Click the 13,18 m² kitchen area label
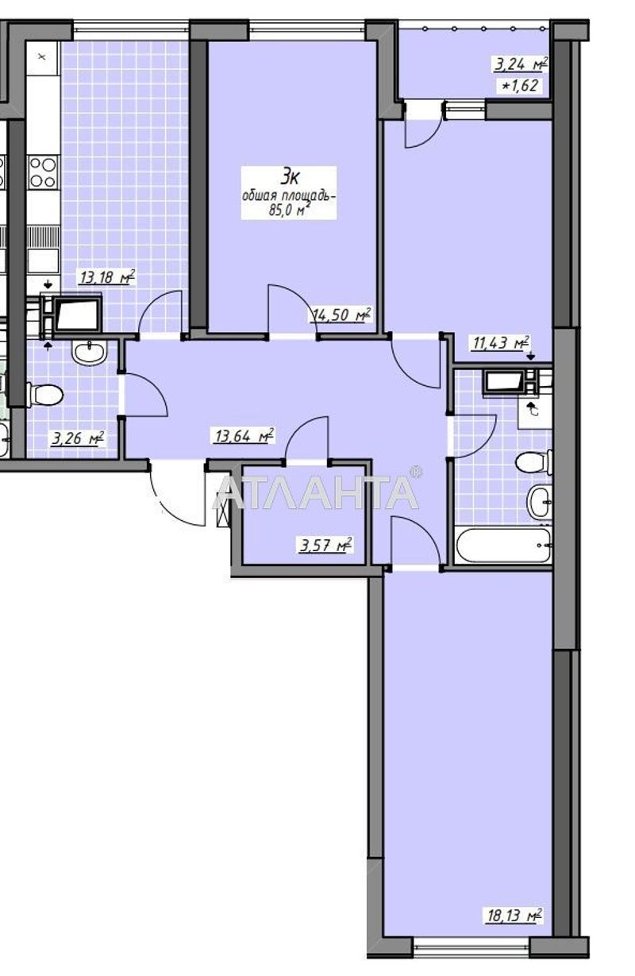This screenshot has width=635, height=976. [106, 277]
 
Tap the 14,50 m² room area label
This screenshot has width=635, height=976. [341, 315]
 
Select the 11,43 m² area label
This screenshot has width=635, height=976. [501, 343]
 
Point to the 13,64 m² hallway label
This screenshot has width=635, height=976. [243, 434]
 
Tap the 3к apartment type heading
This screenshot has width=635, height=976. [288, 177]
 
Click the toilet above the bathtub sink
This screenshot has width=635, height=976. [534, 461]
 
